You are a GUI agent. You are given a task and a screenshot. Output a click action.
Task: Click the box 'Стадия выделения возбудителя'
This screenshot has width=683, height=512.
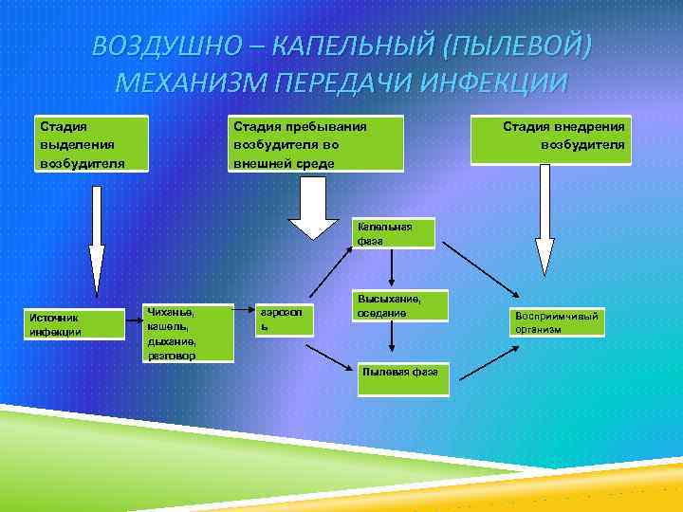coord(91,143)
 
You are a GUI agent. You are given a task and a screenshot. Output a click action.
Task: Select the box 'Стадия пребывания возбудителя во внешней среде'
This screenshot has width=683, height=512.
coord(316,143)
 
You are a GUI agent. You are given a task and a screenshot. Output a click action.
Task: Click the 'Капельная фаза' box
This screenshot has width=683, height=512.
coord(393,233)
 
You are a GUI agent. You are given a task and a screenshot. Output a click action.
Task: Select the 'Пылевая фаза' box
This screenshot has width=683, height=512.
coord(399,372)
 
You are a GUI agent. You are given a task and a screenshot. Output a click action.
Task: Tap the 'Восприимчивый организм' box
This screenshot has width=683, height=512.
coord(556,322)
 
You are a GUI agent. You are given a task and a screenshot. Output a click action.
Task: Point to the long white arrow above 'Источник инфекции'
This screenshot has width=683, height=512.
coord(96,241)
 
